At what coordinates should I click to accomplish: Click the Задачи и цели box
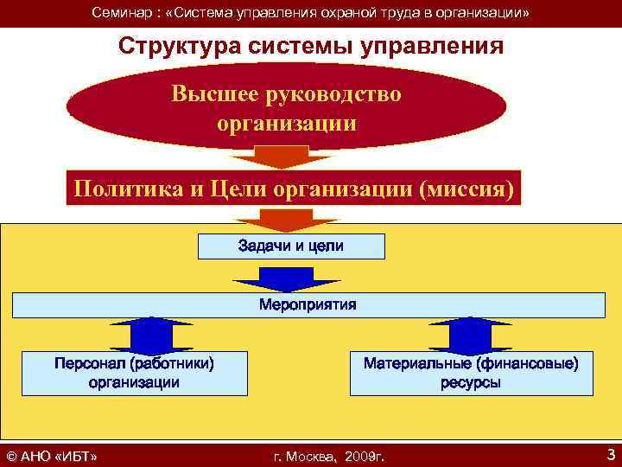(291, 246)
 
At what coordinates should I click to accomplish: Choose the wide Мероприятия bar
(308, 305)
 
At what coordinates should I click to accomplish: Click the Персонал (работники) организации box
(134, 373)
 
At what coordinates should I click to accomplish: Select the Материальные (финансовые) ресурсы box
(471, 373)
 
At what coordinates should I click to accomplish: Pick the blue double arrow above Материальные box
(471, 333)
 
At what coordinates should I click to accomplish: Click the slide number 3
(611, 454)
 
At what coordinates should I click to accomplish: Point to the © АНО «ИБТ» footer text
(51, 456)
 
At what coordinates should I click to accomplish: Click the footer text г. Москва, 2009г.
(327, 456)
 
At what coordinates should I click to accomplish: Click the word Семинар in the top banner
(120, 13)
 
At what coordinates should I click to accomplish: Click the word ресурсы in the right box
(471, 382)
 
